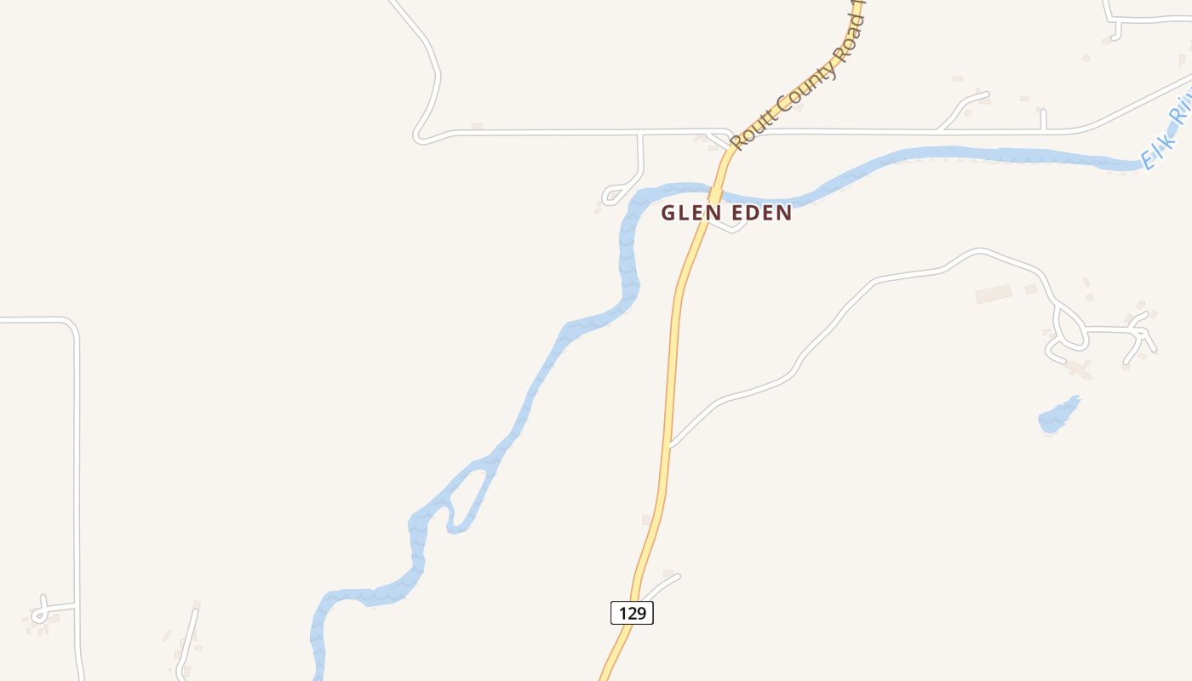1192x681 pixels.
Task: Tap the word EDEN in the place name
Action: pyautogui.click(x=759, y=213)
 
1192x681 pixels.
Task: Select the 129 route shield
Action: pyautogui.click(x=632, y=613)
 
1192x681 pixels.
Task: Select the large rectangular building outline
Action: pyautogui.click(x=993, y=294)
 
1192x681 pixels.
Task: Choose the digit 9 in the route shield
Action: pyautogui.click(x=643, y=613)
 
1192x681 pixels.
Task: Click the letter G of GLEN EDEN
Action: pyautogui.click(x=668, y=213)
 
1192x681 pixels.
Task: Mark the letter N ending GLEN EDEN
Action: pyautogui.click(x=785, y=213)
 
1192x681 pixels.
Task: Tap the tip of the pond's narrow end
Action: pyautogui.click(x=1079, y=397)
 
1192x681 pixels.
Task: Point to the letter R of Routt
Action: pyautogui.click(x=737, y=142)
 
